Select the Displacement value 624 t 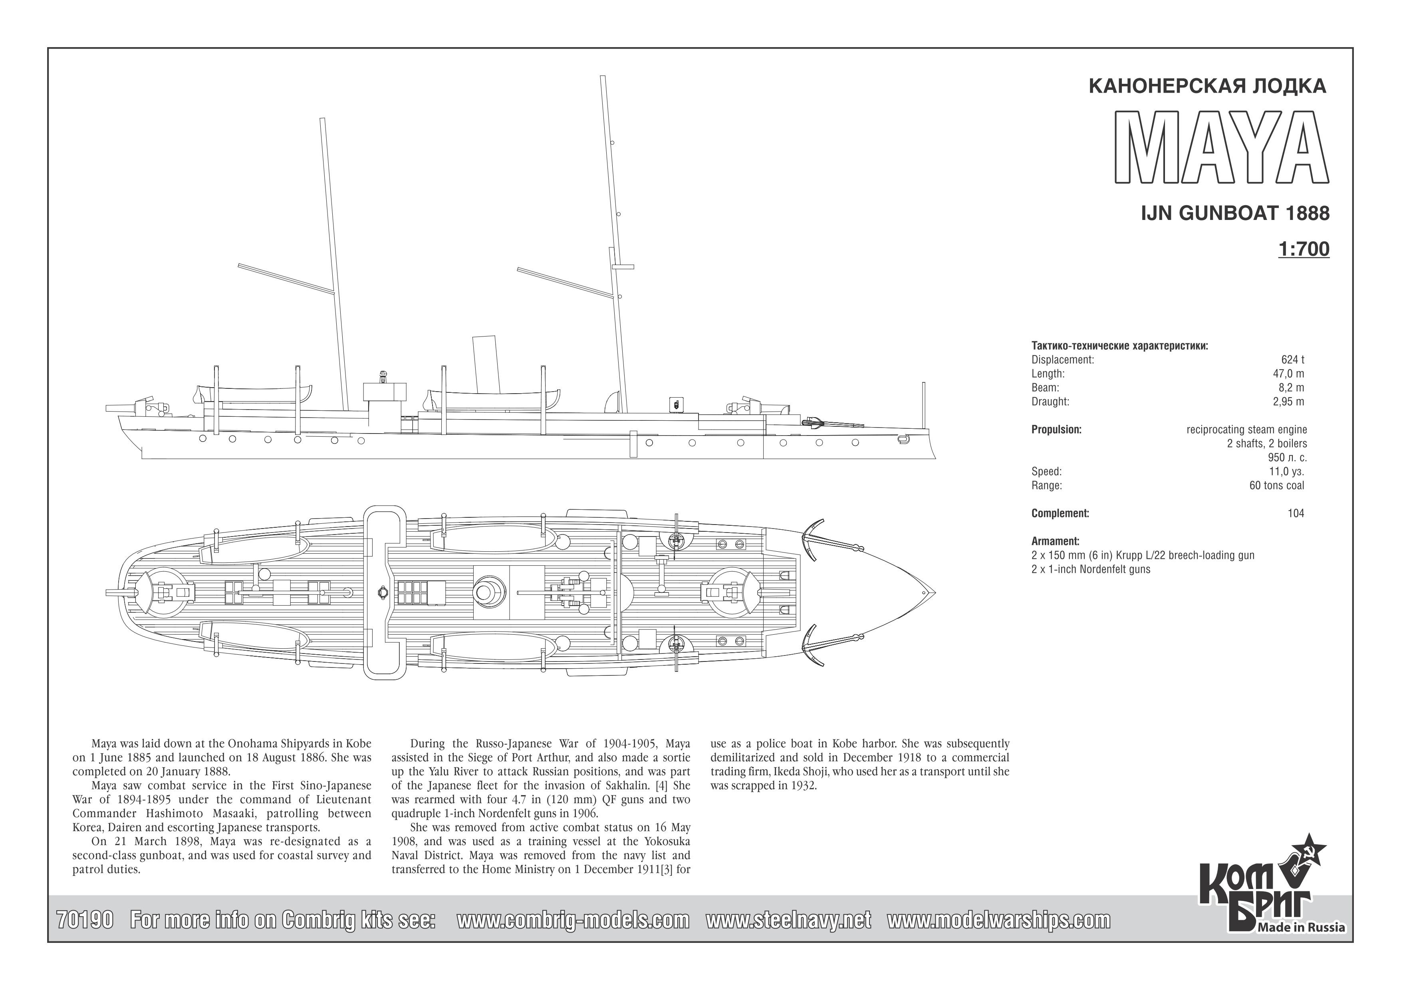1292,360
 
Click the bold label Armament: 1055,541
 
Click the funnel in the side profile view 486,364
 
